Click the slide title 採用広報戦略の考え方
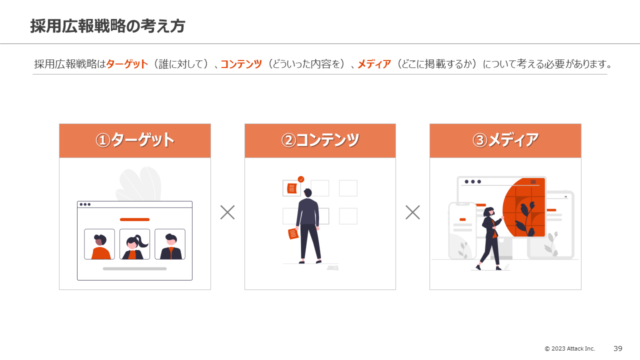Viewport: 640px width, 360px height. pyautogui.click(x=107, y=26)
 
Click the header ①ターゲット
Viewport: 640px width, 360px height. pyautogui.click(x=135, y=140)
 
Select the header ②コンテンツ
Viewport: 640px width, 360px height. pyautogui.click(x=320, y=140)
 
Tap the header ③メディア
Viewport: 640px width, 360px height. pyautogui.click(x=505, y=140)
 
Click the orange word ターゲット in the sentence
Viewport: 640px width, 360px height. pyautogui.click(x=127, y=64)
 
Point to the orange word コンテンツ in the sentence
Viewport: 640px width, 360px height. pyautogui.click(x=241, y=64)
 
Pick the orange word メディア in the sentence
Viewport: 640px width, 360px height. pyautogui.click(x=374, y=64)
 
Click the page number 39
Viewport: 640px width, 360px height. pyautogui.click(x=618, y=348)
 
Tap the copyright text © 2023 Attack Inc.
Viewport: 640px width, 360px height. pyautogui.click(x=569, y=348)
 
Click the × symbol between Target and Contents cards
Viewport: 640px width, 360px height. pyautogui.click(x=227, y=212)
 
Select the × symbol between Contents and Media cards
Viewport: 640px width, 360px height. pyautogui.click(x=412, y=212)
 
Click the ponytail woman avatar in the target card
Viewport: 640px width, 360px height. pyautogui.click(x=134, y=244)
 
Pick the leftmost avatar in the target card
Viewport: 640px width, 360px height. pyautogui.click(x=99, y=244)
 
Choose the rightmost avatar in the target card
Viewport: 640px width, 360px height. pyautogui.click(x=170, y=244)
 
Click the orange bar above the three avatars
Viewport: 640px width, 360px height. pyautogui.click(x=134, y=219)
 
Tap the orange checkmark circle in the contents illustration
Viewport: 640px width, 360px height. pyautogui.click(x=301, y=179)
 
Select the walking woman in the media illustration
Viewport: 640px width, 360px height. pyautogui.click(x=489, y=237)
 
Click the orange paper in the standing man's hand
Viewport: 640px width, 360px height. pyautogui.click(x=293, y=233)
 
